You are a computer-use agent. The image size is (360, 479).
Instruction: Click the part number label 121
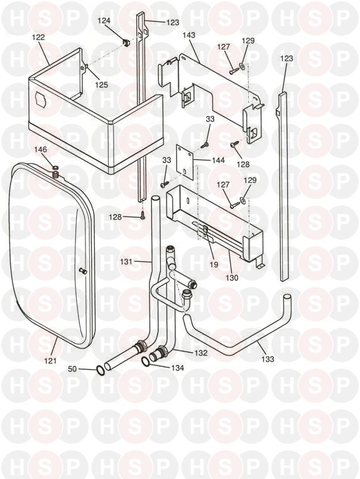point(50,360)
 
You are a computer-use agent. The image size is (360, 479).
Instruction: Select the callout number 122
point(38,37)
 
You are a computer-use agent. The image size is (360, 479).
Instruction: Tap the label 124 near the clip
point(104,21)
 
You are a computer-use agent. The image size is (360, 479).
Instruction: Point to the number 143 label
point(189,35)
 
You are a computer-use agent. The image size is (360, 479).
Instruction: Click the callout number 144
point(218,160)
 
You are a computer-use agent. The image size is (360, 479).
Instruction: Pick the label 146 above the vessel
point(41,149)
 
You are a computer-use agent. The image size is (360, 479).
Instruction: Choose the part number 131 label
point(126,262)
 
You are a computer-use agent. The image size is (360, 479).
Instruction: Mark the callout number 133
point(268,359)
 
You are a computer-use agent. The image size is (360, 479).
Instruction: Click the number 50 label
point(72,369)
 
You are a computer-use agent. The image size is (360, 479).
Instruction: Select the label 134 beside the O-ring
point(178,368)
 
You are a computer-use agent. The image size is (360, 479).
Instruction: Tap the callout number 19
point(214,264)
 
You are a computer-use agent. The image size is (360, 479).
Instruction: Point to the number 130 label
point(232,277)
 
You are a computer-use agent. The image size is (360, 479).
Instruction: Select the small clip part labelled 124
point(125,42)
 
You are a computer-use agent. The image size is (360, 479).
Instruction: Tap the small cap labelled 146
point(55,168)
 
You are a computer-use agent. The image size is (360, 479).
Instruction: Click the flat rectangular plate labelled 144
point(185,160)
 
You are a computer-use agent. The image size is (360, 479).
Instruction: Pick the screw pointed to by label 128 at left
point(143,216)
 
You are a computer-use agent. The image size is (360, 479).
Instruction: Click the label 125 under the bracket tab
point(101,84)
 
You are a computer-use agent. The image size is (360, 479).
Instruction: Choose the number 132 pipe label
point(201,353)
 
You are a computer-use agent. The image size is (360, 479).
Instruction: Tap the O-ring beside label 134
point(146,362)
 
